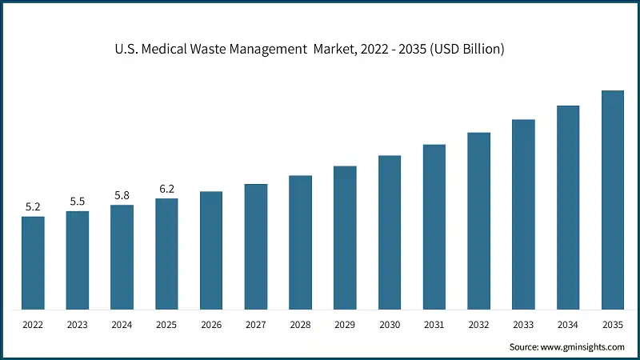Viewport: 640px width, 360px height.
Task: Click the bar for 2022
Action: (x=33, y=262)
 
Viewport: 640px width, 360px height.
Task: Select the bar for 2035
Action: (x=612, y=200)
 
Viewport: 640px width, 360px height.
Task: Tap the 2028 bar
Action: (x=300, y=242)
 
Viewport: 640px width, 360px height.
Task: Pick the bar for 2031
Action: (x=434, y=227)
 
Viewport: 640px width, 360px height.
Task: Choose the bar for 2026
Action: (x=211, y=250)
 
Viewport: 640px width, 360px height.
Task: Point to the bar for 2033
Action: (x=523, y=214)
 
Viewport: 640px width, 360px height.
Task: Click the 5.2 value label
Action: (x=33, y=207)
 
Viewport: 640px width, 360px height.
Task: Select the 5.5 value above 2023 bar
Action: (x=78, y=202)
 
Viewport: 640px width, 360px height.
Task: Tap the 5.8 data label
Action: (x=122, y=195)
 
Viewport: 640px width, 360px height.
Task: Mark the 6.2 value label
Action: (x=166, y=189)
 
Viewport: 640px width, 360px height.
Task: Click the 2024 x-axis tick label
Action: (x=122, y=326)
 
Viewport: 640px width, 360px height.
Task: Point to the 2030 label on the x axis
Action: (x=390, y=326)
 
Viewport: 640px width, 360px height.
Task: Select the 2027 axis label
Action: (x=256, y=326)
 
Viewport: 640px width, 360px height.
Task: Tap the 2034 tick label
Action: (x=568, y=326)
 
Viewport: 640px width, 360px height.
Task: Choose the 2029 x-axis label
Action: (x=345, y=326)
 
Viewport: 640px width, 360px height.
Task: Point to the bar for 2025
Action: (x=166, y=254)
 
